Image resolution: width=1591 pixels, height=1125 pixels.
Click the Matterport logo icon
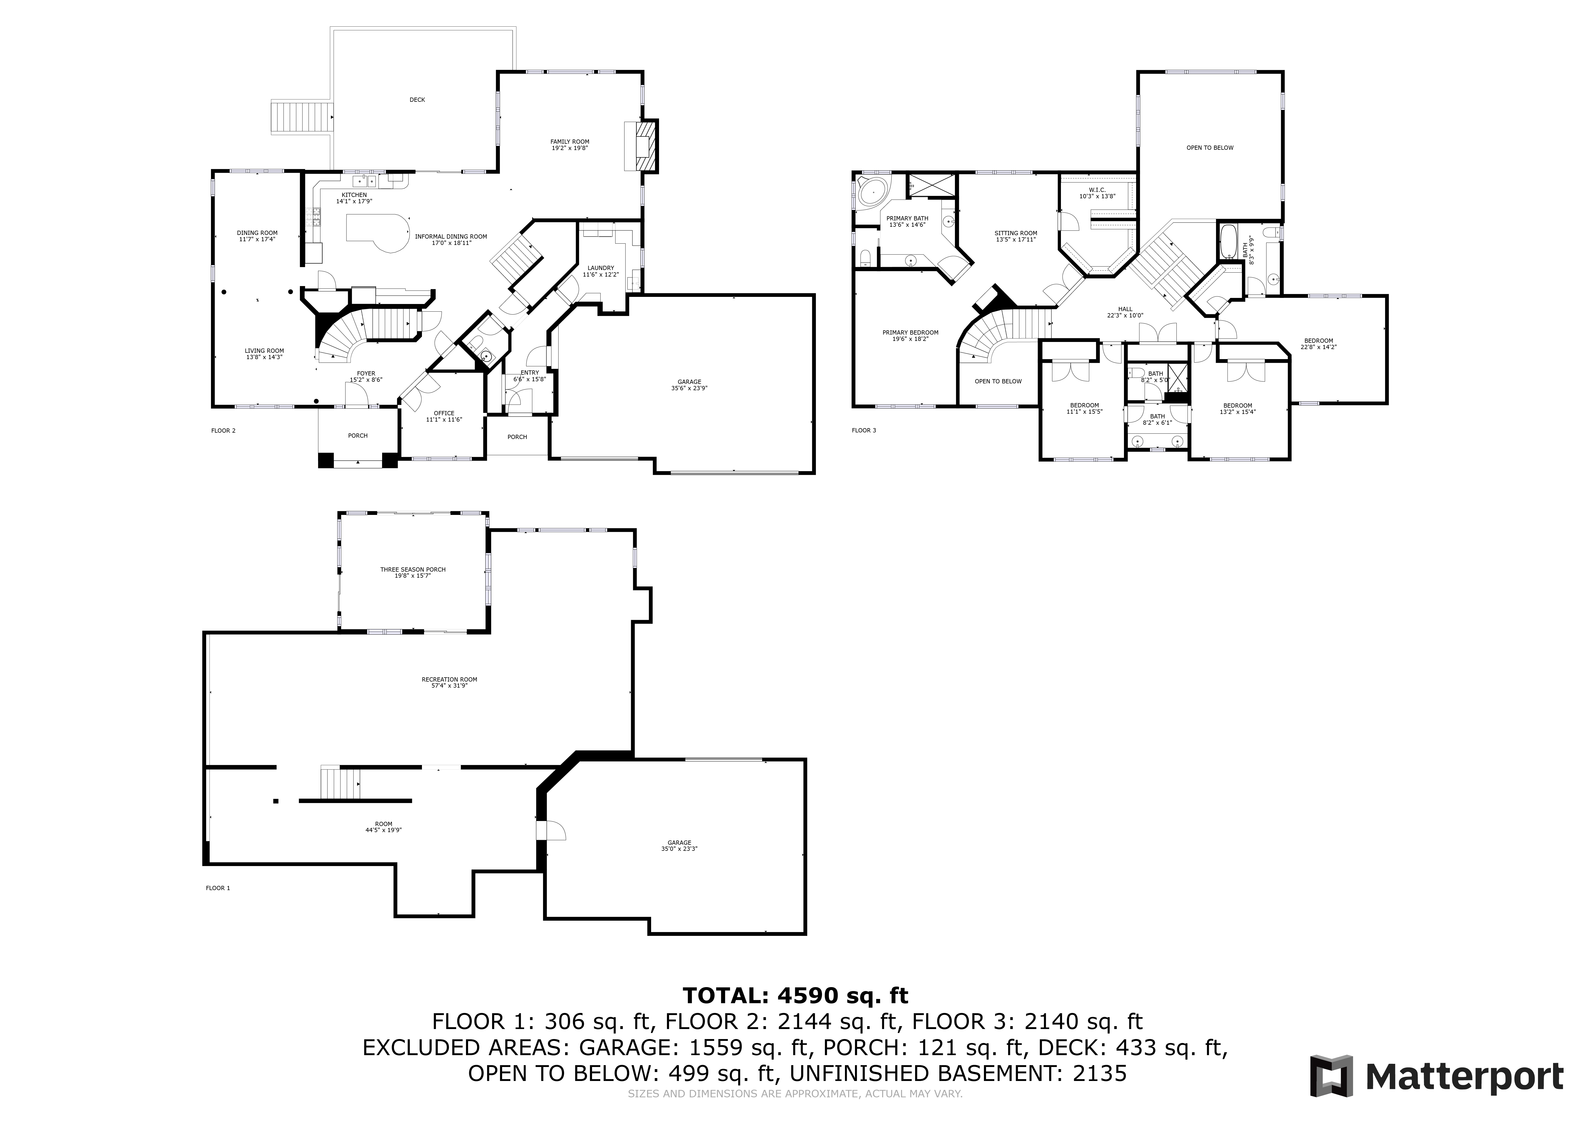pyautogui.click(x=1331, y=1076)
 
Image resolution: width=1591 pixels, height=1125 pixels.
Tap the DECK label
pyautogui.click(x=417, y=100)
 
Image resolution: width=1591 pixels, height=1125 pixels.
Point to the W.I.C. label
pyautogui.click(x=1097, y=190)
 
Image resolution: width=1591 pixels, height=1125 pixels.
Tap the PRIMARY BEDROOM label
pyautogui.click(x=910, y=332)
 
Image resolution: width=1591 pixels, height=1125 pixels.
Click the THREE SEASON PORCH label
pyautogui.click(x=413, y=569)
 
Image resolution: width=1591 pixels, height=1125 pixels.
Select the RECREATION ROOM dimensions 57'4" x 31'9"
pyautogui.click(x=450, y=686)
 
